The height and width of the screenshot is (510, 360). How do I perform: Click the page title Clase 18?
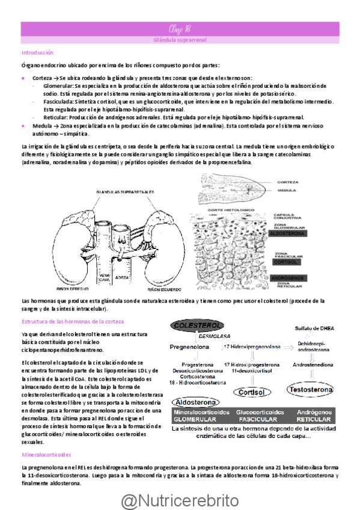point(180,28)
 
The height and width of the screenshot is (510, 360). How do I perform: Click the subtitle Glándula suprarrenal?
point(180,40)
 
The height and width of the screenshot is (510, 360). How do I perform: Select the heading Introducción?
point(37,53)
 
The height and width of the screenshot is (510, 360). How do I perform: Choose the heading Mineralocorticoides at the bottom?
point(46,455)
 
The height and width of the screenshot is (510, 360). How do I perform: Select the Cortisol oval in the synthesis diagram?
point(251,392)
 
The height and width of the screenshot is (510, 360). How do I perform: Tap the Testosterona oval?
point(311,390)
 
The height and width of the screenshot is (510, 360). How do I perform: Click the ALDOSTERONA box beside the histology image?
point(288,233)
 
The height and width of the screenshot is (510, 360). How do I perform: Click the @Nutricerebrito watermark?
point(180,500)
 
